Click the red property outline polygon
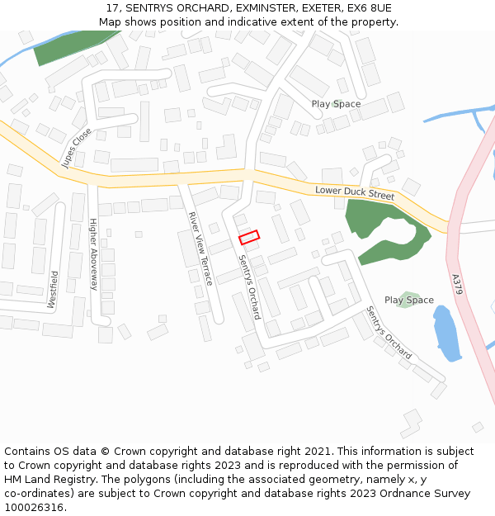(249, 237)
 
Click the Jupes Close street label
(77, 148)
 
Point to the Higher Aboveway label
(93, 254)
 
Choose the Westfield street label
(53, 290)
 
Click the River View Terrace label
(200, 249)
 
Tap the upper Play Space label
(336, 104)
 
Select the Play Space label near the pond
(408, 301)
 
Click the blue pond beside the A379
(446, 334)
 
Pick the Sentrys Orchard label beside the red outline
(249, 286)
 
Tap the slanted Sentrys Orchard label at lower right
(389, 332)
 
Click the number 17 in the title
(112, 8)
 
